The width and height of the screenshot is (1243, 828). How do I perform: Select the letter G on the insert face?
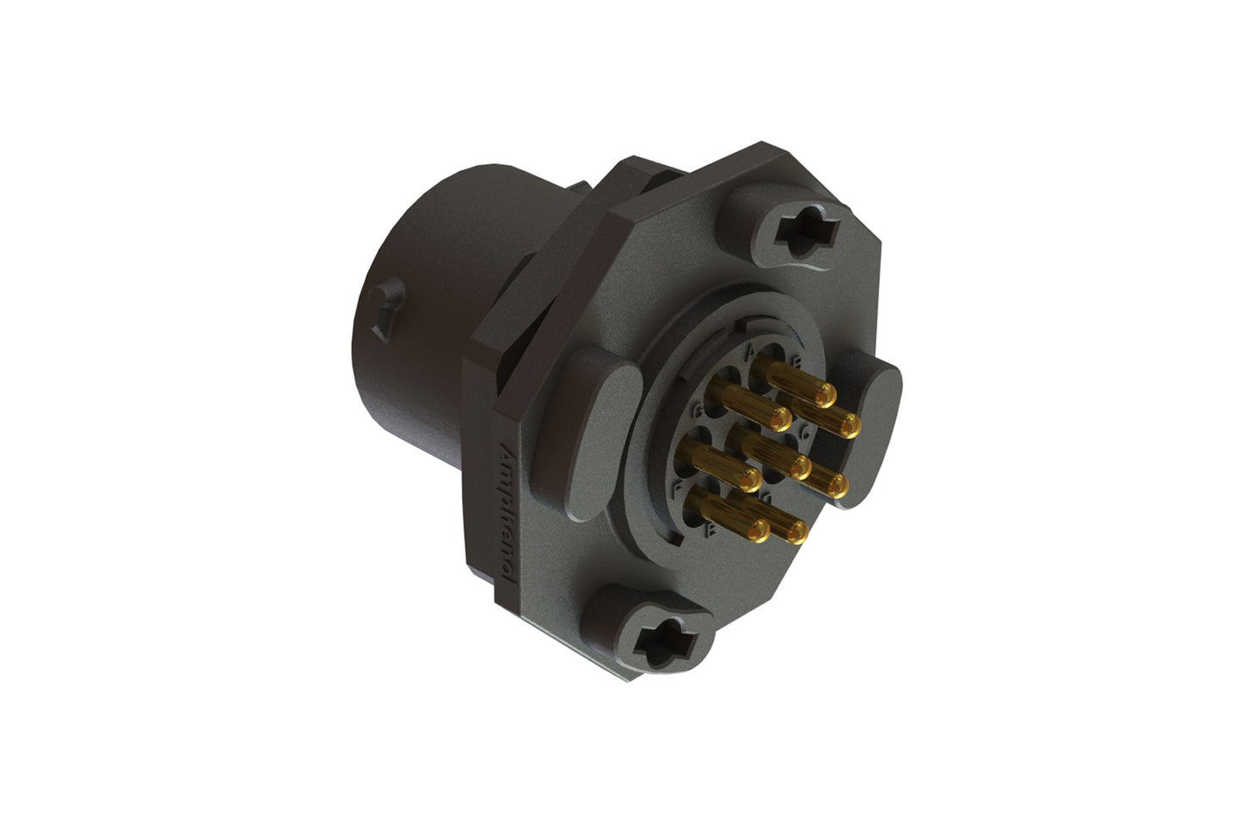(x=711, y=410)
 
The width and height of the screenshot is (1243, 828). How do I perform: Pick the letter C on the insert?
(x=804, y=434)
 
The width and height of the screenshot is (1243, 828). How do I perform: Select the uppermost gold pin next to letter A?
(x=823, y=395)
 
